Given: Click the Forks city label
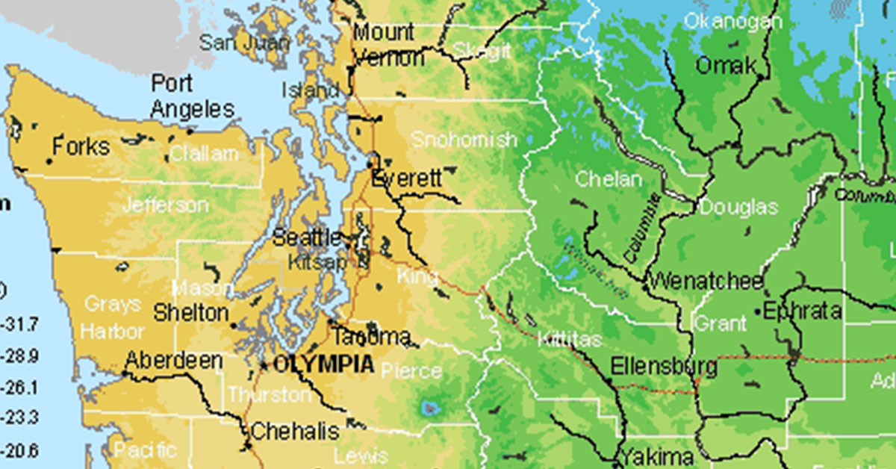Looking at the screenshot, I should click(81, 146).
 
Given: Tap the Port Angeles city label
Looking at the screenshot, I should click(192, 96).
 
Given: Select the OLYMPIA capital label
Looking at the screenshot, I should click(323, 364).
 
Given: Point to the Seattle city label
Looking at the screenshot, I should click(307, 238).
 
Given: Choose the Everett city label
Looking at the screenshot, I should click(407, 179).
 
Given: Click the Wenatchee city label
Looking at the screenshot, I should click(706, 282).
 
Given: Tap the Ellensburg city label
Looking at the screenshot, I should click(664, 367).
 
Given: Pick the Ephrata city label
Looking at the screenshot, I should click(807, 311).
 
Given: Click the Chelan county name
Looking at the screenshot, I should click(608, 180).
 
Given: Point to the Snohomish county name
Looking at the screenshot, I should click(464, 140).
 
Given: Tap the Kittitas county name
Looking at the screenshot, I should click(569, 340).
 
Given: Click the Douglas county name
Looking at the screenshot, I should click(738, 208).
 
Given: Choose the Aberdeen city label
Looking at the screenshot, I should click(173, 361).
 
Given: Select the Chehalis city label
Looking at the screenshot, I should click(295, 431).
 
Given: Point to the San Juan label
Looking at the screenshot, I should click(233, 43).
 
